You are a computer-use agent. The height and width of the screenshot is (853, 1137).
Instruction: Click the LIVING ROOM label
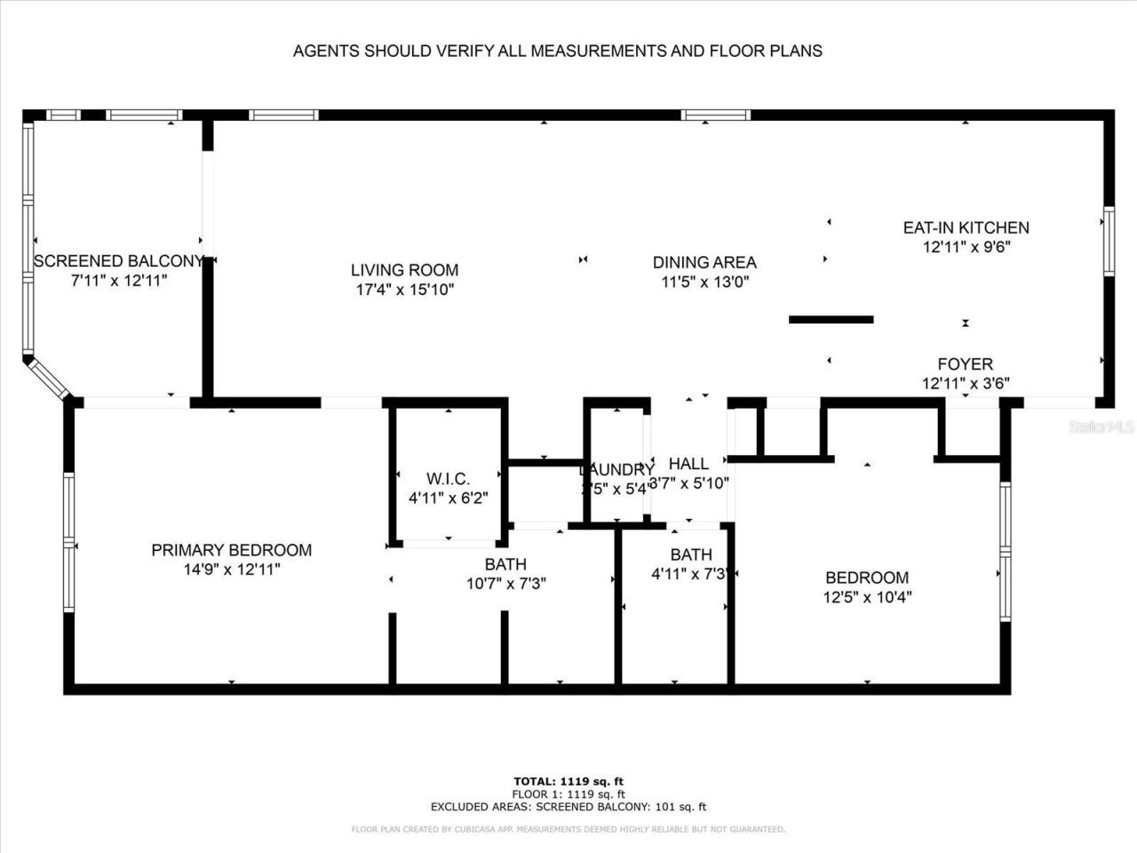pos(404,270)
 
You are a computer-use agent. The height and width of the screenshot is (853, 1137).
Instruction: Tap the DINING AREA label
pos(704,262)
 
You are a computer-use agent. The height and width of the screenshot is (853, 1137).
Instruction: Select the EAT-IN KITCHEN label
pos(966,228)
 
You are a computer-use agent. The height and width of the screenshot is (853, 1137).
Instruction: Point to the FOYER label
pos(965,364)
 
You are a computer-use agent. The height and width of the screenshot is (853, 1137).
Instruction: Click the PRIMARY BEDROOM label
pos(231,550)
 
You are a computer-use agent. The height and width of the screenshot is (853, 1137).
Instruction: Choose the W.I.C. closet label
pos(448,479)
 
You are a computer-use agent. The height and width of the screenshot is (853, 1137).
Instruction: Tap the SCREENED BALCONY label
pos(118,261)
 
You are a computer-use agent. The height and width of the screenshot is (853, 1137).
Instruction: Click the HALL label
pos(688,464)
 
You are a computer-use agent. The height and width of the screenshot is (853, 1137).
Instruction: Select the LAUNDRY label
pos(616,469)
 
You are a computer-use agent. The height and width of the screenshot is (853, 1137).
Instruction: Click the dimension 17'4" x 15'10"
pos(404,290)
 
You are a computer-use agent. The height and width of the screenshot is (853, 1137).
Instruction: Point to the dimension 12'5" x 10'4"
pos(867,597)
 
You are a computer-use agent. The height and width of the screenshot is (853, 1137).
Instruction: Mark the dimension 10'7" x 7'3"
pos(505,584)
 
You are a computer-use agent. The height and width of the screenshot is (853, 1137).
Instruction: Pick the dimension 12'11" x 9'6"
pos(966,248)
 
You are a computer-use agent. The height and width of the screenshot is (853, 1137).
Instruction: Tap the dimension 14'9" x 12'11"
pos(231,570)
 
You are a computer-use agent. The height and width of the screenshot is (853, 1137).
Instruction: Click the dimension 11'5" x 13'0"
pos(704,282)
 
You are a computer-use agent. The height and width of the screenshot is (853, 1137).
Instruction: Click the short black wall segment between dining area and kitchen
pos(831,320)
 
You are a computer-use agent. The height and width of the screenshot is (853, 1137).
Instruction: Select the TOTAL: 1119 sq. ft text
pos(568,781)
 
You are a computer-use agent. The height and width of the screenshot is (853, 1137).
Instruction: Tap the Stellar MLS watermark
pos(1102,426)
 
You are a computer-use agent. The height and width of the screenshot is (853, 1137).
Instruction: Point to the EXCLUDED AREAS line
pos(568,807)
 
